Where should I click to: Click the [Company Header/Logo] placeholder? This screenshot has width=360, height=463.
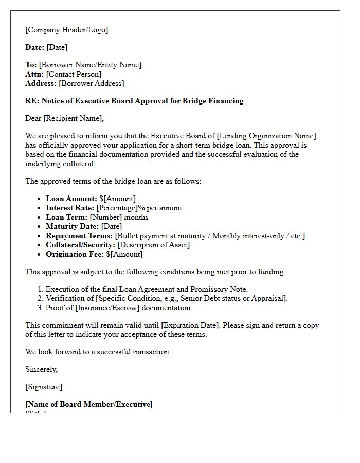click(x=67, y=30)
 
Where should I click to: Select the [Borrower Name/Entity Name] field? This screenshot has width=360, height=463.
click(x=90, y=65)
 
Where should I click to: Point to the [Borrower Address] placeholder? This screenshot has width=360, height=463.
click(x=91, y=83)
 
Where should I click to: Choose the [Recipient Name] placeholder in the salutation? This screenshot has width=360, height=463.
click(x=73, y=118)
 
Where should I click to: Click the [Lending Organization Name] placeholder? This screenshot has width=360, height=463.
click(x=266, y=136)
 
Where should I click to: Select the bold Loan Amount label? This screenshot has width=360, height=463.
click(x=71, y=199)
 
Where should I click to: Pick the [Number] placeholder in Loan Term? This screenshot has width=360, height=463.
click(x=106, y=217)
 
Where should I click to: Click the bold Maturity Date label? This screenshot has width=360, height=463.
click(x=72, y=226)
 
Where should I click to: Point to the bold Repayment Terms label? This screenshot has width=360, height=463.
click(x=79, y=236)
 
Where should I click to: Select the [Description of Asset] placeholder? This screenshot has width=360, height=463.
click(x=153, y=245)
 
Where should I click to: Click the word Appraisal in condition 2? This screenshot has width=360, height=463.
click(x=269, y=298)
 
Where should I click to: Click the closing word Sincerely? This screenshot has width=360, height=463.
click(x=41, y=369)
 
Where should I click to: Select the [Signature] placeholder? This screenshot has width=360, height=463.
click(x=44, y=387)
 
